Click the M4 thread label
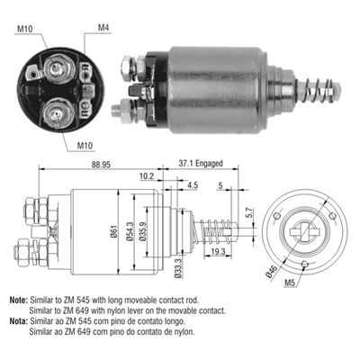click(103, 28)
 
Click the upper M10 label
click(25, 29)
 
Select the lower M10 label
click(85, 146)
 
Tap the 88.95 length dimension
click(101, 165)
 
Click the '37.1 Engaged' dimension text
click(201, 164)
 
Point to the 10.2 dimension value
click(147, 176)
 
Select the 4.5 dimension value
click(193, 185)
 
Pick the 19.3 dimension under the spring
click(218, 251)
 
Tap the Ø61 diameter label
click(114, 231)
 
